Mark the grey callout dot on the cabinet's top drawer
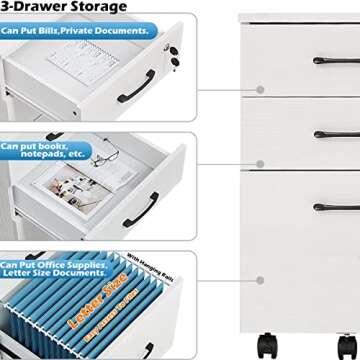click(x=259, y=89)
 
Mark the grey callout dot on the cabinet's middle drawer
click(x=259, y=163)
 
